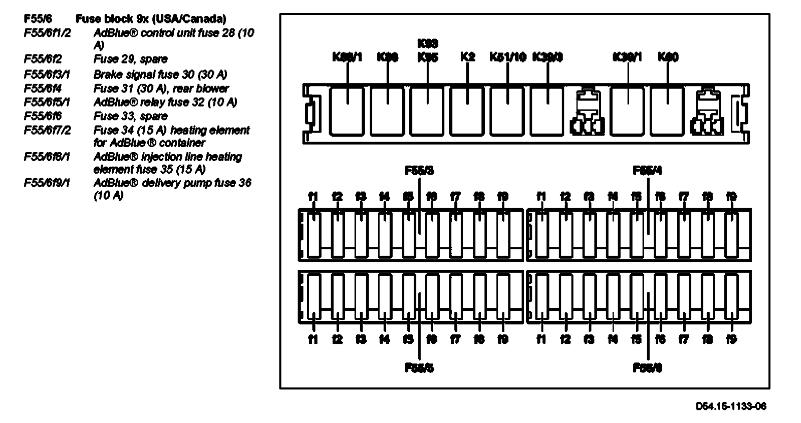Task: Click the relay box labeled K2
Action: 468,111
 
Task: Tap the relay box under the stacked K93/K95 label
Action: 427,111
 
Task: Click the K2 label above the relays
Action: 468,57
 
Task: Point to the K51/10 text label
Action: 508,57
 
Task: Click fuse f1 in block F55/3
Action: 314,234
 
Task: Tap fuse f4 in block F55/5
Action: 385,297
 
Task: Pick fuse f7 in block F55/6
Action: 684,297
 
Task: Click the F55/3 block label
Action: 420,171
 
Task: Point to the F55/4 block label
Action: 648,171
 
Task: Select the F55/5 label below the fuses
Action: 420,368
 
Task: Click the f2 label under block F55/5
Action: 337,340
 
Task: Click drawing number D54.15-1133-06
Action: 731,406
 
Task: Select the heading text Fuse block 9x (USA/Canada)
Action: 151,19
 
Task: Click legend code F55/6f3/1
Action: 47,74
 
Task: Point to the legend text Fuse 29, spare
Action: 131,59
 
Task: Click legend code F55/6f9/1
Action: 47,182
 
